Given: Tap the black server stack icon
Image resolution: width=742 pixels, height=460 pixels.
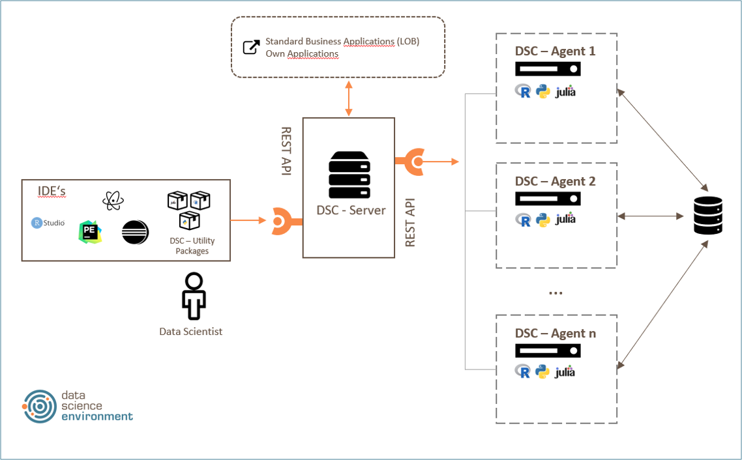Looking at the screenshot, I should pos(349,174).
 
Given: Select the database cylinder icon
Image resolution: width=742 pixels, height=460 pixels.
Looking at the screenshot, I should pos(707,216).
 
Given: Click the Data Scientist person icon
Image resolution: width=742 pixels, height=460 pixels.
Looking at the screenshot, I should pos(194,296).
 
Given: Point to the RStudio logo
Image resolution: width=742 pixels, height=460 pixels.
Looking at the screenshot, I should pos(48,223).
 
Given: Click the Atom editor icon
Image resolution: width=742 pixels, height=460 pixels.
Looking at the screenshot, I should pos(113,200).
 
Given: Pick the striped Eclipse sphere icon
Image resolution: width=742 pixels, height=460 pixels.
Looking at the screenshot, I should pos(136,232).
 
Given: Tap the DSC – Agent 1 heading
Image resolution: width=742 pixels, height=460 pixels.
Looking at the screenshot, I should pos(555,51).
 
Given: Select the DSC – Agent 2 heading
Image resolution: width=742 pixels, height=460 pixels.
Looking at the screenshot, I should pos(555,180).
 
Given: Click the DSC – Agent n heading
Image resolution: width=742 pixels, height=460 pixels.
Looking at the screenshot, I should pos(555,333).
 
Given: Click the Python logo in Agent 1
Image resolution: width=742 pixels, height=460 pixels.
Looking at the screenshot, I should pos(542,92).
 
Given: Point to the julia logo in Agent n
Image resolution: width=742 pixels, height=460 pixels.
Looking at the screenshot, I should pos(565,373).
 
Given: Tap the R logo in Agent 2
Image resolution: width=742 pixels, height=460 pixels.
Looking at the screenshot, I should pos(523,220).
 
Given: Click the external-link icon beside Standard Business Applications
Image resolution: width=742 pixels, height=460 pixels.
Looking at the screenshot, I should pos(251,47).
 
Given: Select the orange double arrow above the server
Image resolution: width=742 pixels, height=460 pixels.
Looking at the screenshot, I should pos(349,98).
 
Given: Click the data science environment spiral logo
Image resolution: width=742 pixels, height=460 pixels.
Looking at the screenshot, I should pos(39,407).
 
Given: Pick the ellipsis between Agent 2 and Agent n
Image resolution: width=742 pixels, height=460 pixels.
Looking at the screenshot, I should pos(556,292).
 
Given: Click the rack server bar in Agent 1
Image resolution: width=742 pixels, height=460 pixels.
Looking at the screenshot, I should pos(548,69).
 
